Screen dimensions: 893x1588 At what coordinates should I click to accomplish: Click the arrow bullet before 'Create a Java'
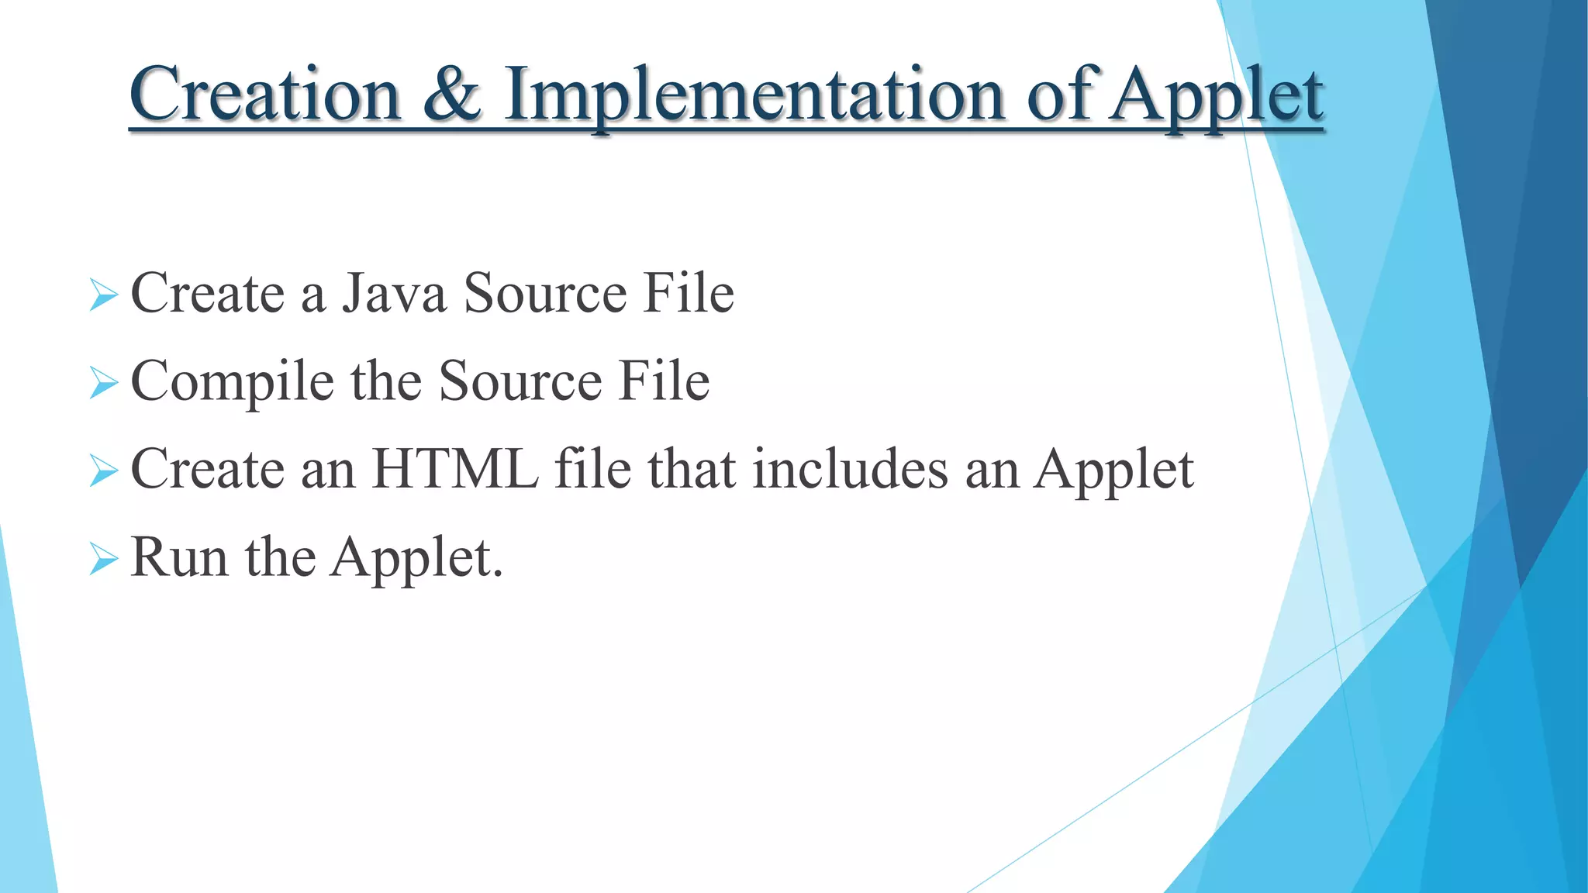pos(103,295)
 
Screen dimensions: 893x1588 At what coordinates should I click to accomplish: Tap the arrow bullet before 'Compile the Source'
pos(103,383)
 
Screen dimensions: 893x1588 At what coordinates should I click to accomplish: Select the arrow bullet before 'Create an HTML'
pos(103,471)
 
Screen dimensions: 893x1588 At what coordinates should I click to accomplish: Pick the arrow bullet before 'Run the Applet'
pos(103,558)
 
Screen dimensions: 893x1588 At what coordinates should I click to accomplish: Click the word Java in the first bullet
pos(395,294)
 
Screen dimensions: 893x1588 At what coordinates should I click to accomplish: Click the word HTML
pos(455,469)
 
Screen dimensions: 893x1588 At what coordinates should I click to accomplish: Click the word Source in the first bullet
pos(545,294)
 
